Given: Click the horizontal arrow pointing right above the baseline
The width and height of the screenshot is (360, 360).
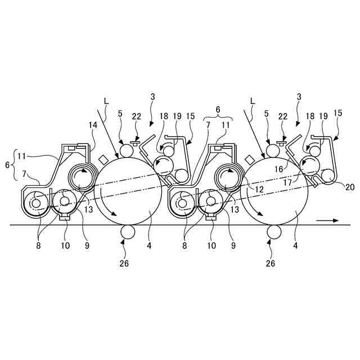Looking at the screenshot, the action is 326,221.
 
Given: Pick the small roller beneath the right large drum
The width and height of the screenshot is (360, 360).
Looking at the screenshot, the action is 274,232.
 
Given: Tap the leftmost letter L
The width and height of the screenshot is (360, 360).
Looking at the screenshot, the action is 107,100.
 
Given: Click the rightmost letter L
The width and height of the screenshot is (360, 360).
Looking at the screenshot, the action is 253,100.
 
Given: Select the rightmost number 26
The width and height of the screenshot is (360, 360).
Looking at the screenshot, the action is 271,262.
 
